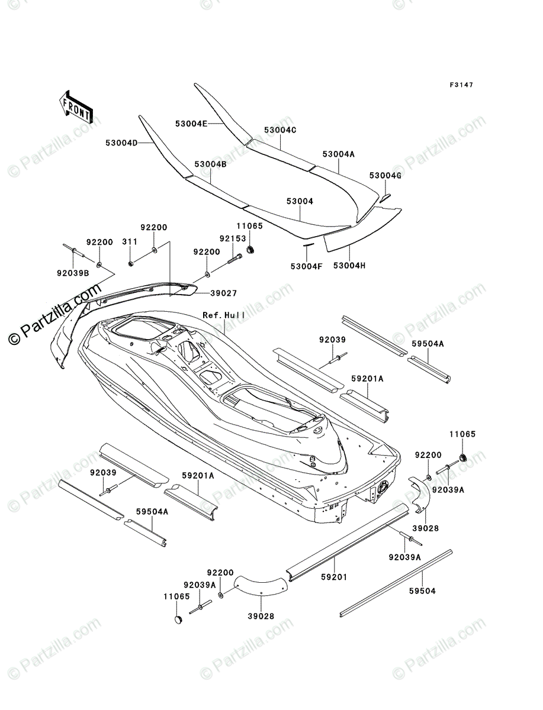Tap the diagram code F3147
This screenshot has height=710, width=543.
click(461, 85)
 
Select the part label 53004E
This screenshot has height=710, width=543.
click(191, 124)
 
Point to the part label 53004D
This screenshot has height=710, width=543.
click(121, 143)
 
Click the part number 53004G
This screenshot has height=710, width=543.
click(385, 175)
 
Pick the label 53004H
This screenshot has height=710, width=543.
click(349, 266)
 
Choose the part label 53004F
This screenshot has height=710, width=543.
click(307, 266)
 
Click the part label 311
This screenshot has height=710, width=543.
click(130, 241)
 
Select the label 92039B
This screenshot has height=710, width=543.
click(73, 273)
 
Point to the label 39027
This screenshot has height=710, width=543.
click(224, 293)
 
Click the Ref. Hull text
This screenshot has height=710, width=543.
click(224, 315)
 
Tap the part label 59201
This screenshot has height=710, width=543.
click(335, 577)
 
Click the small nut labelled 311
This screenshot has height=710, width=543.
click(131, 264)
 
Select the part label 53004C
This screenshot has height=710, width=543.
click(280, 130)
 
